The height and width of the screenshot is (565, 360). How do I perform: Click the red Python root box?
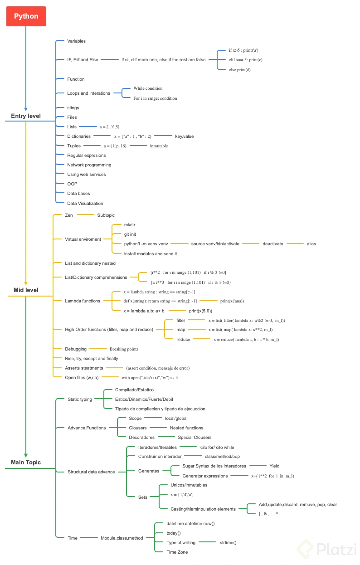[26, 16]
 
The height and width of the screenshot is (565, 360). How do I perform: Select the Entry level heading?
[26, 116]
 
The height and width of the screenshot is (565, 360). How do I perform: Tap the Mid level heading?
[26, 290]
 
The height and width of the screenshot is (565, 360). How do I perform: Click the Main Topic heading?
[26, 463]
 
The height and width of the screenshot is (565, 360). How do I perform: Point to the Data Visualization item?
[85, 203]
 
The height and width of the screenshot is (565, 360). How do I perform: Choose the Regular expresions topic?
[87, 155]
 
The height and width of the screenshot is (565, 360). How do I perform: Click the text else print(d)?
[240, 69]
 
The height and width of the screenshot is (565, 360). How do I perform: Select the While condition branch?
[148, 88]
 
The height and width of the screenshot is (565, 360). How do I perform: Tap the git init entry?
[130, 234]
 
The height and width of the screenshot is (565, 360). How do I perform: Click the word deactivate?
[273, 244]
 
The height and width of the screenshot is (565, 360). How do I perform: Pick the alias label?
[311, 244]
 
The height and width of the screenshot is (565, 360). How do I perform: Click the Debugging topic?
[76, 349]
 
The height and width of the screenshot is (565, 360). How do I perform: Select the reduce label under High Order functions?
[184, 339]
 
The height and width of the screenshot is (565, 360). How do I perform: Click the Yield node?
[274, 466]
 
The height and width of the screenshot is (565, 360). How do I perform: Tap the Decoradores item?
[142, 437]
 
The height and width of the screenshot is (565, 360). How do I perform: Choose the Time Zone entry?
[177, 552]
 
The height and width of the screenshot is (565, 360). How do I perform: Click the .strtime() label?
[228, 542]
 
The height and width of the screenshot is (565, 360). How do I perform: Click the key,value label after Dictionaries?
[185, 136]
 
